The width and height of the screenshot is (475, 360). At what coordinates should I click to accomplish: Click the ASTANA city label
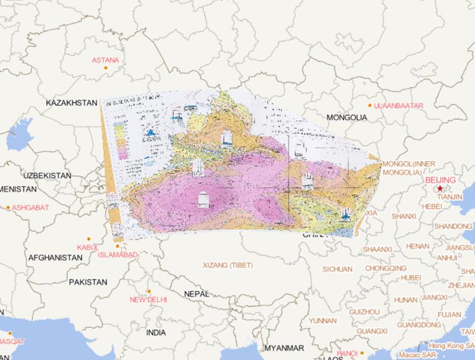point(105,60)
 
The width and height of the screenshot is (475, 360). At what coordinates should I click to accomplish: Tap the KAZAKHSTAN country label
point(72,103)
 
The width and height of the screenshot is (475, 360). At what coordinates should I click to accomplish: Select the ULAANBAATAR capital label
point(399,106)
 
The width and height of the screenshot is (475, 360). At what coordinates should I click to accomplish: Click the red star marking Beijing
point(440,188)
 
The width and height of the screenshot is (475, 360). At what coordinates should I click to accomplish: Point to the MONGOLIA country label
point(347,118)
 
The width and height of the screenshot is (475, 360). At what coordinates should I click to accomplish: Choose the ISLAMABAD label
point(118,254)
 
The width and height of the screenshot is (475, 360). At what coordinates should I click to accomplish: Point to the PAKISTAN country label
point(88,282)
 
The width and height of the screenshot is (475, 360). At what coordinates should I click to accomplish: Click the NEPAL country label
point(197,294)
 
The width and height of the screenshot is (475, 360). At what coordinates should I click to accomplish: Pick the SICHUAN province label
point(337,269)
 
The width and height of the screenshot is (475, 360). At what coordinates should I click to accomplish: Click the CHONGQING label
point(386,268)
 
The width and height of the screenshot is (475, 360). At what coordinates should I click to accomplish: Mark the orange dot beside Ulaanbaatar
point(370,106)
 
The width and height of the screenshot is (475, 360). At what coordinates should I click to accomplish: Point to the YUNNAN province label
point(323,320)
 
